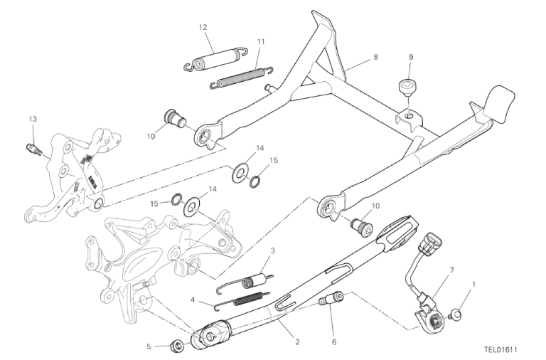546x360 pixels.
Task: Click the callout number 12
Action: click(203, 27)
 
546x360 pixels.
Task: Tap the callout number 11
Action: click(261, 42)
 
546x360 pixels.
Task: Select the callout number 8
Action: click(375, 56)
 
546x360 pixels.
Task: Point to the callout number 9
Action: click(411, 57)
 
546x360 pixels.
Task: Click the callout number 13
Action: click(33, 120)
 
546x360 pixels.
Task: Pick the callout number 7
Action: click(451, 270)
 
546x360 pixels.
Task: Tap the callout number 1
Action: click(473, 285)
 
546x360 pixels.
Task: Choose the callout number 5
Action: click(149, 346)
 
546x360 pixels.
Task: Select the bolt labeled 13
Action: click(34, 149)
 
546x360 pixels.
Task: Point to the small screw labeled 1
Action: click(456, 314)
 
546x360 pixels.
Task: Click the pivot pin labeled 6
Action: click(331, 299)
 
